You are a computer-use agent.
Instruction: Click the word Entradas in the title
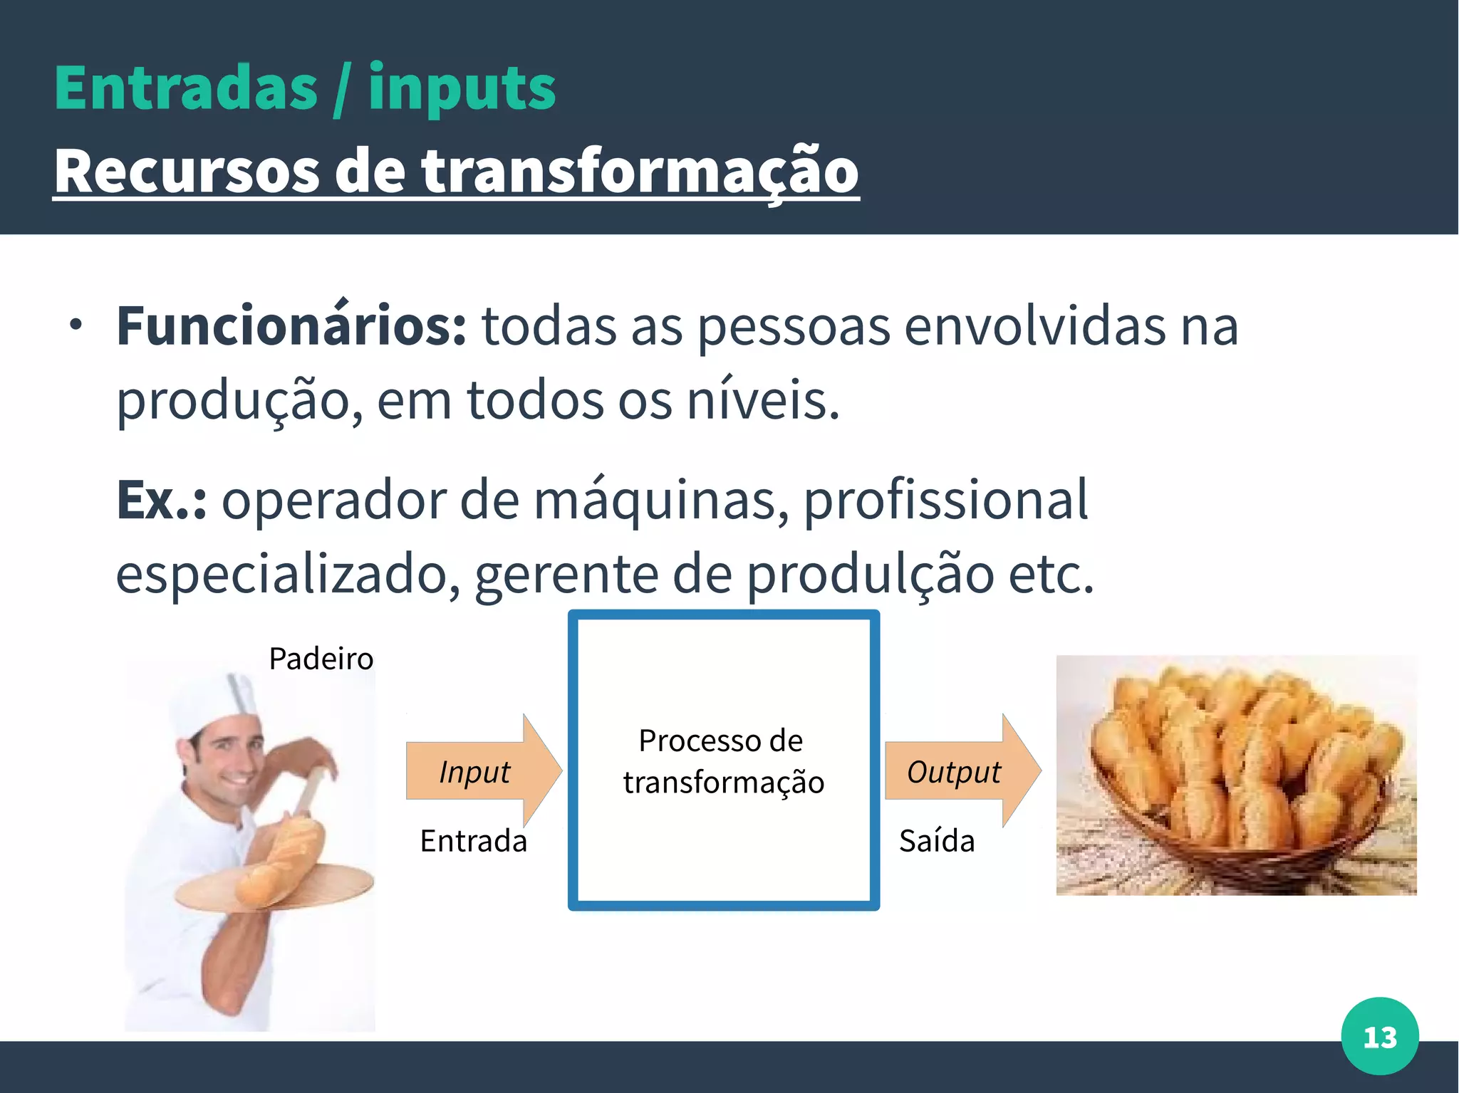[185, 88]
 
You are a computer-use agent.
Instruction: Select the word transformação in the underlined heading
[640, 171]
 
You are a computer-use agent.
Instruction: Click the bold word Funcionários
[291, 326]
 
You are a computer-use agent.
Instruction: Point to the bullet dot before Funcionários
[76, 326]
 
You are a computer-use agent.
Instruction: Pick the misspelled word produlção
[870, 575]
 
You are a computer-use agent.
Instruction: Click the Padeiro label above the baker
[321, 659]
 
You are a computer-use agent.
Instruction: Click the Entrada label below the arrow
[473, 841]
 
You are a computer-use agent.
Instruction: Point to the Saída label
[936, 841]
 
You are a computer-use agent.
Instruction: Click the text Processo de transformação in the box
[723, 761]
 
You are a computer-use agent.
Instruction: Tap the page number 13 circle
[1379, 1036]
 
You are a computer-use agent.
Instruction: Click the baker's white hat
[214, 701]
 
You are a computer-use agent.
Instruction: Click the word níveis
[762, 400]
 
